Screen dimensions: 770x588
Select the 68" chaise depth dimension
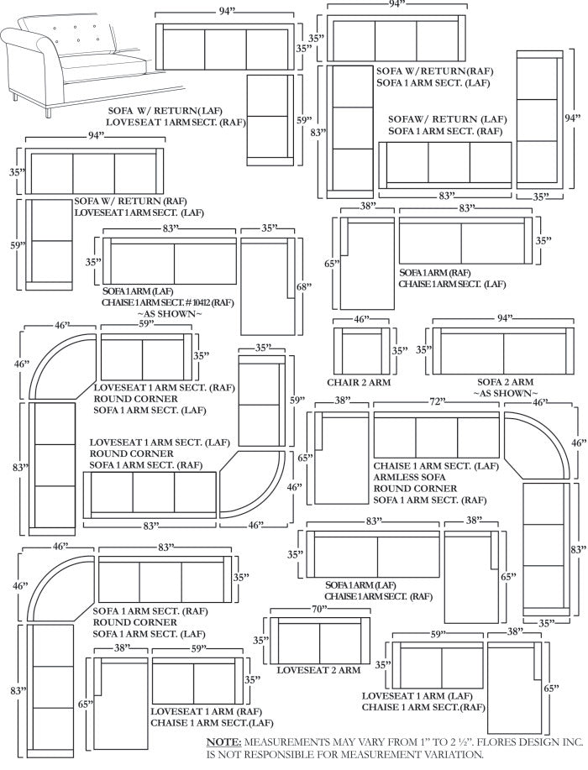303,286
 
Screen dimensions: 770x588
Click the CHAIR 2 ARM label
360,383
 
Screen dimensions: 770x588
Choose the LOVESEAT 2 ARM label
318,670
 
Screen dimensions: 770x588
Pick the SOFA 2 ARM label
505,383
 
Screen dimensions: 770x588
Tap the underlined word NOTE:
224,743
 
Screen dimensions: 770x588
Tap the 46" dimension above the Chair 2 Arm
360,320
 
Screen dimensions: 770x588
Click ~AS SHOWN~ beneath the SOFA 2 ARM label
505,394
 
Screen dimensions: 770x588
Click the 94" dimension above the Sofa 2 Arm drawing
503,319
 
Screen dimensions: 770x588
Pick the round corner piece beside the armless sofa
534,446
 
